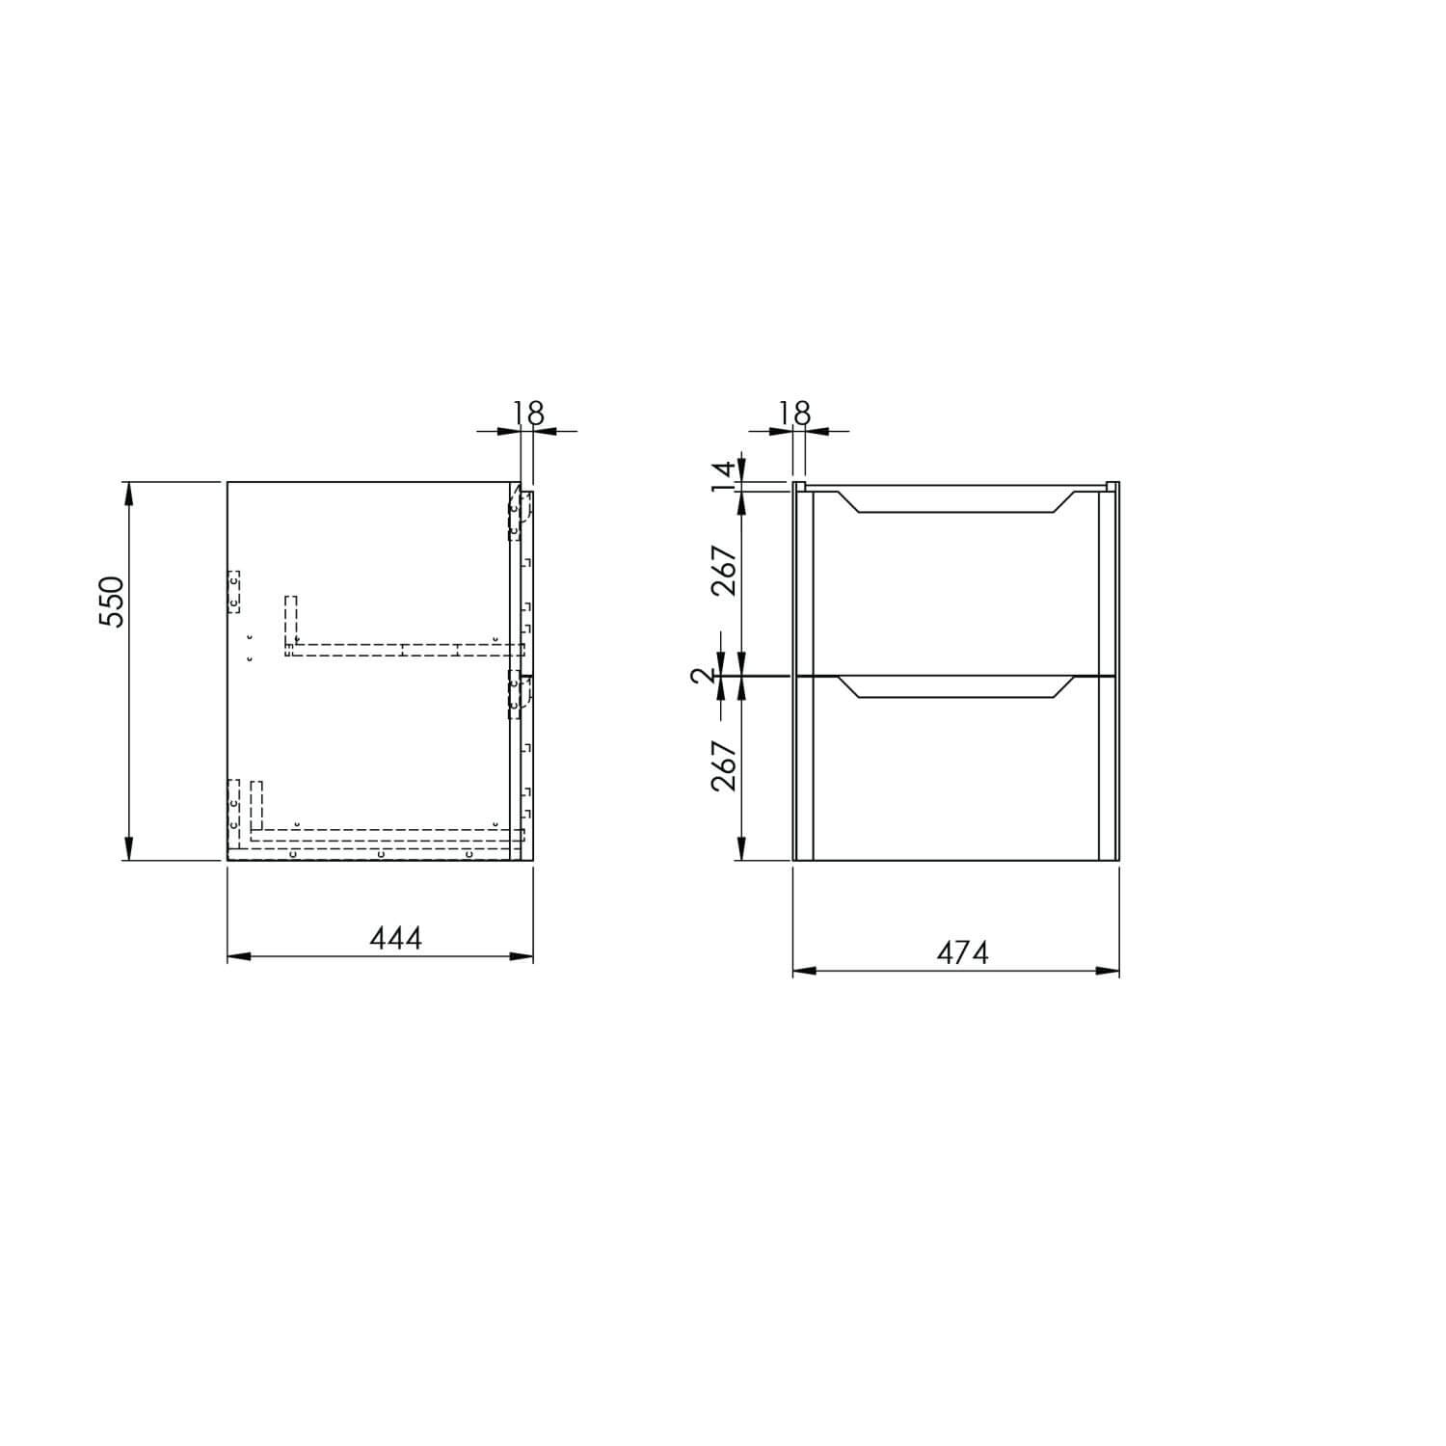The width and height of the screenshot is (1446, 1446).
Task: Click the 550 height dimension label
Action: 113,602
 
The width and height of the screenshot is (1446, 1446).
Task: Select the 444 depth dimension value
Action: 395,937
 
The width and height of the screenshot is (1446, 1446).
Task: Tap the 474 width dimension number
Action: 963,952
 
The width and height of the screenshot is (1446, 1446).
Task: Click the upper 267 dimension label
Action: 726,571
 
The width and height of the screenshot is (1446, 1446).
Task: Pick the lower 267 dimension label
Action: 726,765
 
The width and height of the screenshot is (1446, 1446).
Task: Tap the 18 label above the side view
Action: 528,413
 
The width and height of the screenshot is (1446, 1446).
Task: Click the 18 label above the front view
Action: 794,413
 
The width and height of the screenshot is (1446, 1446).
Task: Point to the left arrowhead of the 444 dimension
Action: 236,956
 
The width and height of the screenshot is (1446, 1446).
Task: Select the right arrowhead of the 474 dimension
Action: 1110,971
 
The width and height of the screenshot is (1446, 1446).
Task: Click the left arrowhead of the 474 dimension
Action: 802,971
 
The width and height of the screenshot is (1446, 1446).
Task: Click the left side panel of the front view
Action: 804,675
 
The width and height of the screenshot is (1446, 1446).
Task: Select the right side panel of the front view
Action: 1108,675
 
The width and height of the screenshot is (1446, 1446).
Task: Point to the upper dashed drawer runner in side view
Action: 395,649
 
